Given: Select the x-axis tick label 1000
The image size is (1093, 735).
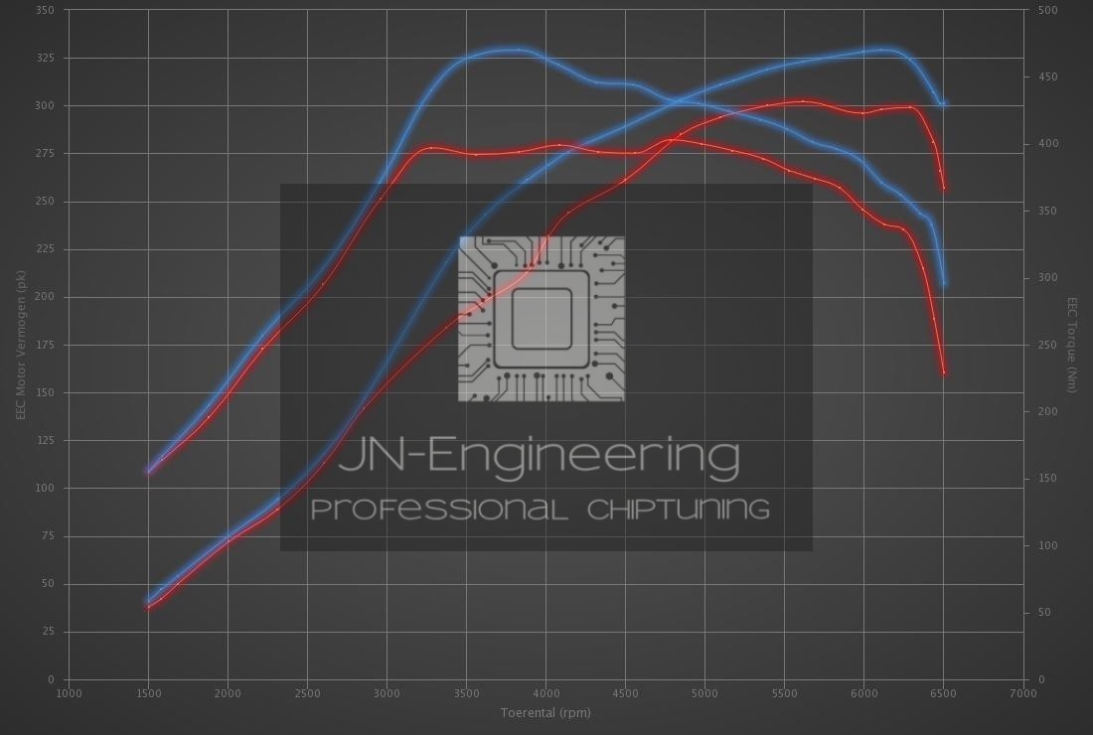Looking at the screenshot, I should pyautogui.click(x=69, y=693).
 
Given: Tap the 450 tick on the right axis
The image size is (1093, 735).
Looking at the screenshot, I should pyautogui.click(x=1047, y=76).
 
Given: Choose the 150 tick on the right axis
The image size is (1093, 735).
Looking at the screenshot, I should pyautogui.click(x=1047, y=479).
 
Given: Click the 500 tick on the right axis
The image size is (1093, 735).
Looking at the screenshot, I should pyautogui.click(x=1047, y=10).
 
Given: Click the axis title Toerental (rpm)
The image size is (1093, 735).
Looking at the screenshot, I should pyautogui.click(x=546, y=712).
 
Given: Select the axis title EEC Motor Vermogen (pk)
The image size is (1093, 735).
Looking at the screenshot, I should pyautogui.click(x=20, y=345).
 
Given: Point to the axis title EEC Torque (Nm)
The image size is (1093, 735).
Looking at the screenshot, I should pyautogui.click(x=1073, y=345).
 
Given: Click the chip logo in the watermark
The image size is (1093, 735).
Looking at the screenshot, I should pyautogui.click(x=542, y=319).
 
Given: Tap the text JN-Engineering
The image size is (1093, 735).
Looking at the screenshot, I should pyautogui.click(x=540, y=456).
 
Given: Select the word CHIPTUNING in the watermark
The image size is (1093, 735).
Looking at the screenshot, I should pyautogui.click(x=678, y=511).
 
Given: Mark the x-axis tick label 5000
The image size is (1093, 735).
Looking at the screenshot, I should pyautogui.click(x=704, y=693).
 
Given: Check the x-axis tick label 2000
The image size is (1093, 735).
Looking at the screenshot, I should pyautogui.click(x=228, y=693).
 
